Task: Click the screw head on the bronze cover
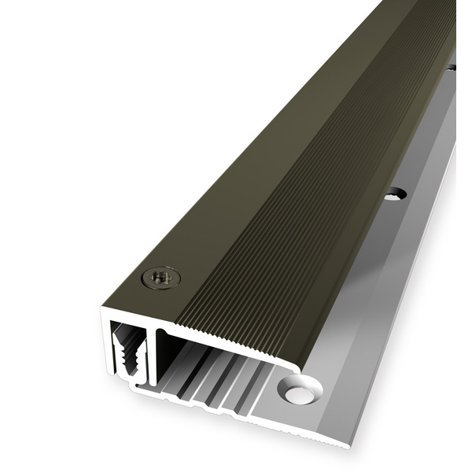[160, 277]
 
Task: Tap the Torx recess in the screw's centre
[161, 277]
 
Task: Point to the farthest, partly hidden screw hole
[452, 69]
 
